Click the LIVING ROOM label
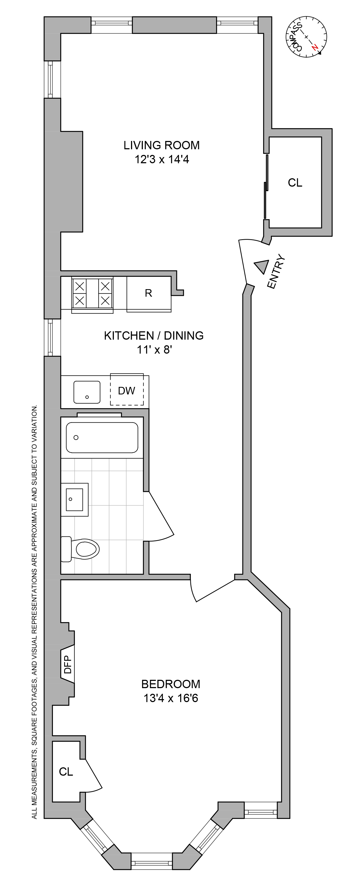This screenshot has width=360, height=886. (162, 145)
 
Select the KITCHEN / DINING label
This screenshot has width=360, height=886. (154, 335)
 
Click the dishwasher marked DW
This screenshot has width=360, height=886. (126, 390)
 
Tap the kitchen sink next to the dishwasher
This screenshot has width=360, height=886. (87, 392)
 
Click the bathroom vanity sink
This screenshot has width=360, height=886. (74, 499)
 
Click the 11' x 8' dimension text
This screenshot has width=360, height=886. (154, 350)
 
